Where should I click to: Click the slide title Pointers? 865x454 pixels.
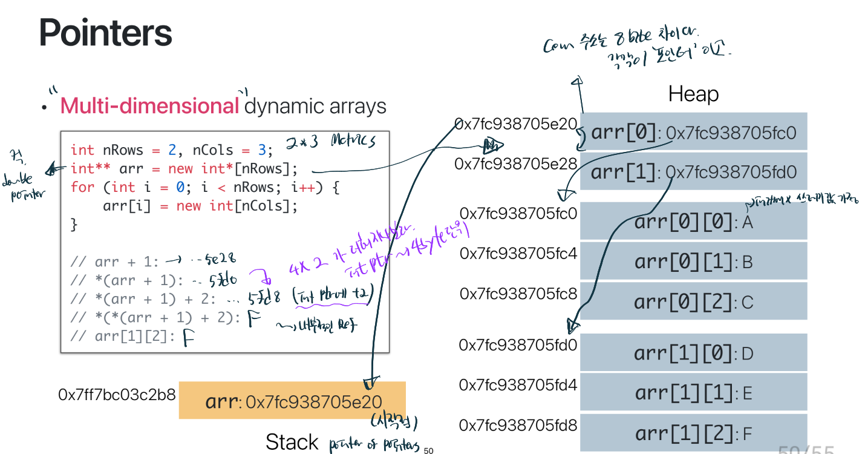coord(106,33)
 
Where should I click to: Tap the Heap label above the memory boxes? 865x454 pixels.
coord(693,94)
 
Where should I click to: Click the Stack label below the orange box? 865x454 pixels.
coord(292,442)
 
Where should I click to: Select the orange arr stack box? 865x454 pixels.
coord(292,401)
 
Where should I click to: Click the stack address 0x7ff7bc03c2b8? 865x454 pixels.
coord(117,395)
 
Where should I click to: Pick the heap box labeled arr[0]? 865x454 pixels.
coord(693,132)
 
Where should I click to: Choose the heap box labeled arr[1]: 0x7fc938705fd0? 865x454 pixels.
coord(693,172)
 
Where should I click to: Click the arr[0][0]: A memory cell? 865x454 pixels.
coord(693,222)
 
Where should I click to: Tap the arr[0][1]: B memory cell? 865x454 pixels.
coord(693,262)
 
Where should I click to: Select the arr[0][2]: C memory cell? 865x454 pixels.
coord(693,301)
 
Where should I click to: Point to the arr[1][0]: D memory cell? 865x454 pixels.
coord(693,353)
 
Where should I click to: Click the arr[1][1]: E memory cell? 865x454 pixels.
coord(693,393)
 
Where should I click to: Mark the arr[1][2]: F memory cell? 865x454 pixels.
coord(693,433)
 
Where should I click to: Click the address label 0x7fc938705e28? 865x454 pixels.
coord(516,163)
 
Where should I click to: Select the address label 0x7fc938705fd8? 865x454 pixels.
coord(518,425)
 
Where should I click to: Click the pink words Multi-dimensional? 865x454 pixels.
coord(150,106)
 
